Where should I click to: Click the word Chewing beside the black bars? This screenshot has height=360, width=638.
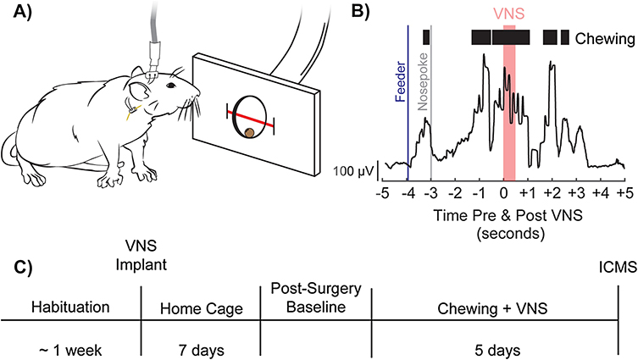(605, 38)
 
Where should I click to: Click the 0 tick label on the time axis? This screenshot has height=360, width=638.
(505, 194)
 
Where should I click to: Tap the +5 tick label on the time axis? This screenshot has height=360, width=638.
(624, 194)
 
